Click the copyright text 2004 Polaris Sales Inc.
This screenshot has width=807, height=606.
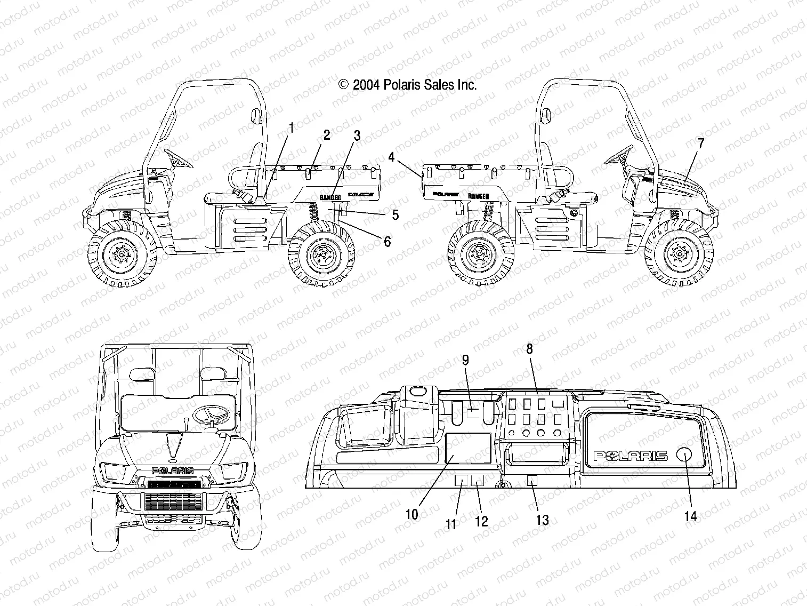(x=407, y=84)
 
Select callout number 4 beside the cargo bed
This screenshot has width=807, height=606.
(x=392, y=157)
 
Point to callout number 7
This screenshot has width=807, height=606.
(x=700, y=143)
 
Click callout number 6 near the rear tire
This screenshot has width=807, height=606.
(x=387, y=242)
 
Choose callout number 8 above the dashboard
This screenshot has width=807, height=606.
(x=529, y=349)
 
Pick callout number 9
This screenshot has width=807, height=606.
(x=465, y=360)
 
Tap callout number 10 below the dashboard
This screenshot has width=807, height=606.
(x=411, y=514)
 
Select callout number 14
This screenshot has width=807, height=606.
(x=691, y=516)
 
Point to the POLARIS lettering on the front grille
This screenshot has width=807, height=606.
(x=173, y=471)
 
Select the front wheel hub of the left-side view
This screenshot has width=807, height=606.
(x=122, y=256)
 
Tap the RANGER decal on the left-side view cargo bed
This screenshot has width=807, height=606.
(x=330, y=197)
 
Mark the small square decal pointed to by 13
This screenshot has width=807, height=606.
(x=531, y=481)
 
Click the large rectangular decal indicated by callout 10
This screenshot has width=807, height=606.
(x=468, y=449)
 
